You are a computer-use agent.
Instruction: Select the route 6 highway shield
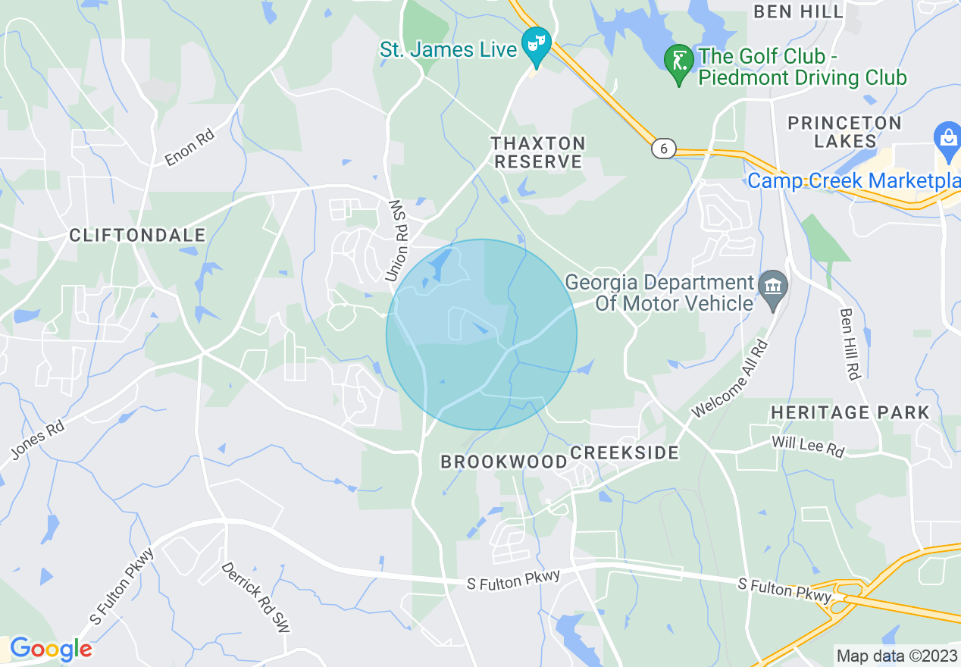click(663, 149)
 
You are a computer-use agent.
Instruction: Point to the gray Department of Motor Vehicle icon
click(772, 287)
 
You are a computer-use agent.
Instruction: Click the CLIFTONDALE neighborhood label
click(137, 236)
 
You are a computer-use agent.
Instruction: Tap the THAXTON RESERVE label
click(538, 152)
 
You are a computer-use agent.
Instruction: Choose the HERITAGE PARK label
click(850, 413)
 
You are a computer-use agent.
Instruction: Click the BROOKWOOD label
click(504, 462)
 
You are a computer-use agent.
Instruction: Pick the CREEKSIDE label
click(624, 452)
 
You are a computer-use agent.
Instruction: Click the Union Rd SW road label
click(397, 241)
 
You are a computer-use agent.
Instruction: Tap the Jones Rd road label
click(37, 440)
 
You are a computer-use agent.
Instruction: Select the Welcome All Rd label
click(729, 379)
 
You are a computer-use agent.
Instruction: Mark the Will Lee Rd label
click(808, 446)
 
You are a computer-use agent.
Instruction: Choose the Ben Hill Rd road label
click(850, 344)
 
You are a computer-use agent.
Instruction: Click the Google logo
click(50, 649)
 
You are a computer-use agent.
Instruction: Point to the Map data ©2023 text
click(896, 655)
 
